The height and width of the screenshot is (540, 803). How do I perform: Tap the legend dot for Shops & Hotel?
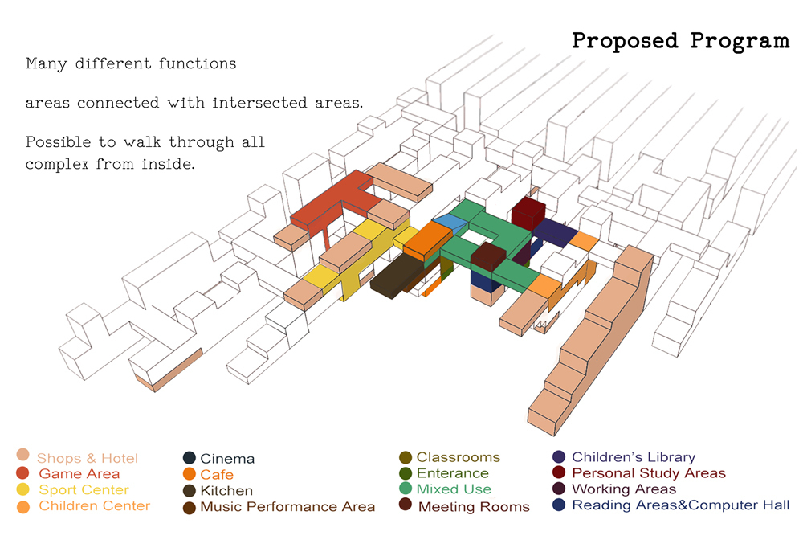(x=23, y=455)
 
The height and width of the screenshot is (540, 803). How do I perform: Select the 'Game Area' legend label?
(x=79, y=474)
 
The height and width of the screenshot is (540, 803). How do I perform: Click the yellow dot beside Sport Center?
(x=23, y=489)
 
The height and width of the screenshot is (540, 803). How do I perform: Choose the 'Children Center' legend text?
(x=94, y=505)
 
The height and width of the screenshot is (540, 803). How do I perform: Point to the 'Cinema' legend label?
(x=227, y=459)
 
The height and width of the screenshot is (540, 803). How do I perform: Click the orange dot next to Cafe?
(x=190, y=474)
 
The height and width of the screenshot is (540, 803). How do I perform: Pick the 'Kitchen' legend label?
(x=226, y=491)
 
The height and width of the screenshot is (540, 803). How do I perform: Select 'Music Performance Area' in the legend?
(x=287, y=507)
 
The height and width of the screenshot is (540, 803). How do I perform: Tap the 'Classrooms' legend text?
(x=458, y=457)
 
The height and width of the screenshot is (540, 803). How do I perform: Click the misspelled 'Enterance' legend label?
(x=452, y=472)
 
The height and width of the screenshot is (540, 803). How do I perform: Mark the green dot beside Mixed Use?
(x=406, y=489)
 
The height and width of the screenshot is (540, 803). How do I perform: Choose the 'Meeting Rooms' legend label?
(x=474, y=507)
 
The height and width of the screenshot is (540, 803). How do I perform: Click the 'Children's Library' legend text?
(x=634, y=456)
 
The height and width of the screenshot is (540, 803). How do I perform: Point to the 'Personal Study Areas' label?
(x=648, y=472)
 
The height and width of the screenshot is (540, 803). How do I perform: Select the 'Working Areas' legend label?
(x=624, y=489)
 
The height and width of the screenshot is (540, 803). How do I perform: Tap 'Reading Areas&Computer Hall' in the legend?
(x=681, y=505)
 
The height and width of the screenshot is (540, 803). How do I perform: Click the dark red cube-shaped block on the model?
(x=529, y=211)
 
